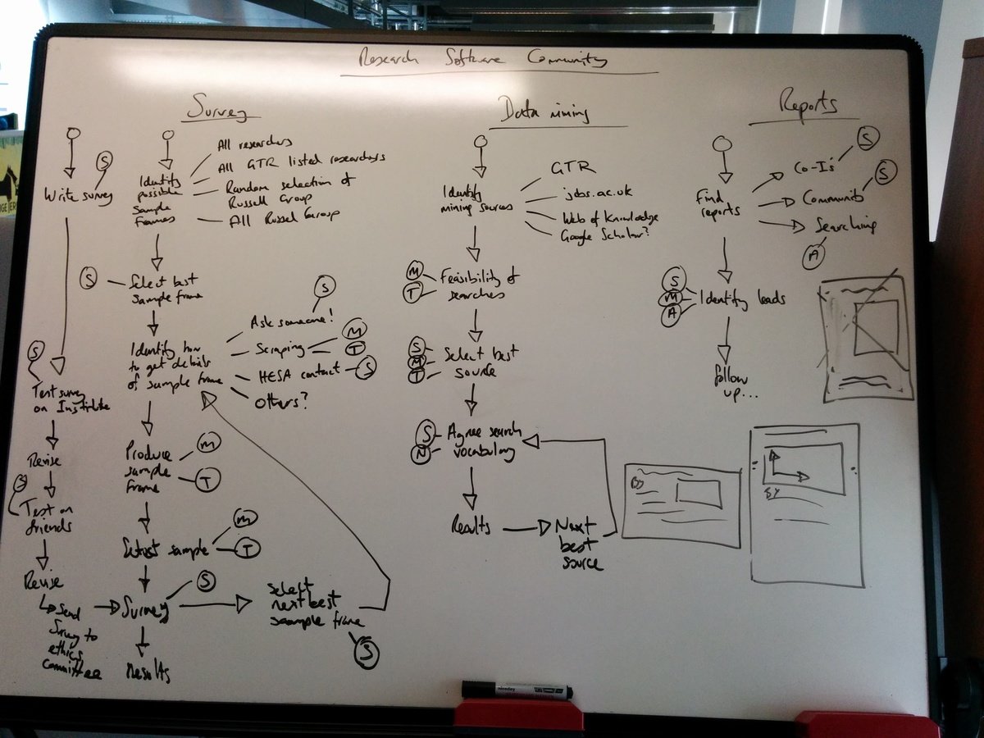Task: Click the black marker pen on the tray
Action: point(516,690)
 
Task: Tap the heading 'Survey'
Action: point(217,108)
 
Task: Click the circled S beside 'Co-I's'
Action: point(867,139)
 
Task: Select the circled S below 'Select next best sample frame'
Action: point(366,654)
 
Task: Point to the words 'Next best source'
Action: point(579,544)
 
